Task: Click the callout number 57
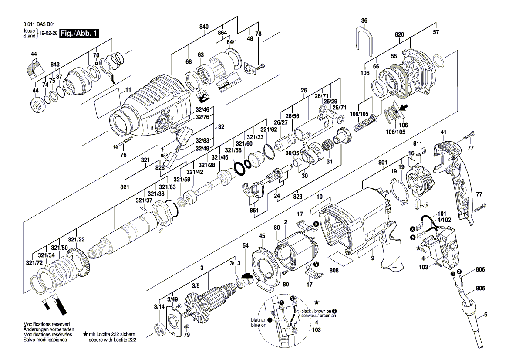pyautogui.click(x=436, y=32)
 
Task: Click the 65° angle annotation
pyautogui.click(x=164, y=155)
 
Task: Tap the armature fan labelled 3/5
pyautogui.click(x=196, y=303)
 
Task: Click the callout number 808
pyautogui.click(x=334, y=270)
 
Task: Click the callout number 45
pyautogui.click(x=262, y=236)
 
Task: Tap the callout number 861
pyautogui.click(x=254, y=211)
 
